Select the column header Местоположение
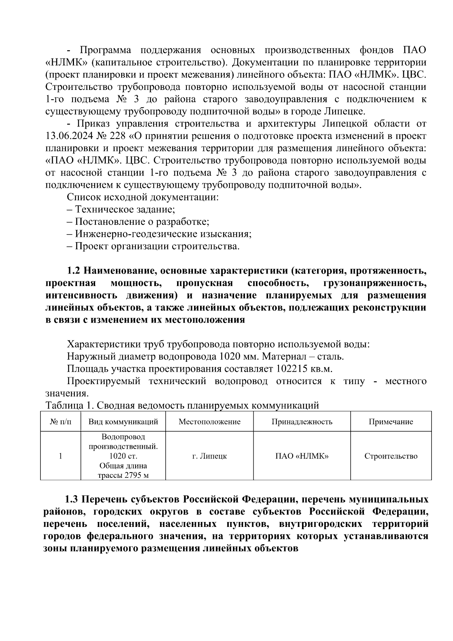point(209,422)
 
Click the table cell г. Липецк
point(209,456)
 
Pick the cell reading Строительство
point(391,456)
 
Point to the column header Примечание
point(391,422)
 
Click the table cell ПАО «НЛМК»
point(302,456)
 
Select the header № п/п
point(60,422)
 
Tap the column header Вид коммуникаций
point(123,422)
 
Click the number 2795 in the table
point(131,475)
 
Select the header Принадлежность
point(302,422)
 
